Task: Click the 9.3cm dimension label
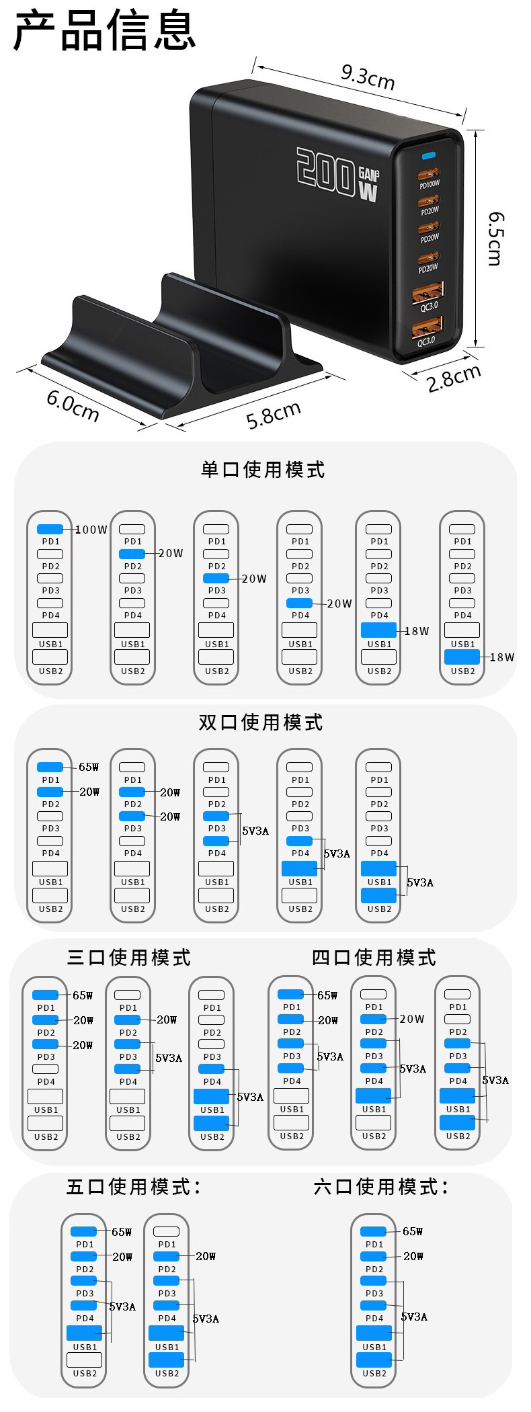[367, 76]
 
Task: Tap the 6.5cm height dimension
[495, 238]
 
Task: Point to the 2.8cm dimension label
[454, 378]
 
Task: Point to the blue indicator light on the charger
[428, 157]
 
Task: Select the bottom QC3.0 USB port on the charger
[427, 327]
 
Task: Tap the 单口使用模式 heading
[263, 469]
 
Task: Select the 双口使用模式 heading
[261, 722]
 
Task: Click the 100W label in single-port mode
[91, 529]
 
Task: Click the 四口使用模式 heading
[374, 956]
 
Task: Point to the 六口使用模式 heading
[381, 1186]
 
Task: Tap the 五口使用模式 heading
[133, 1186]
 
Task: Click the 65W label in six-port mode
[413, 1231]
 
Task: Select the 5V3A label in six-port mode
[414, 1316]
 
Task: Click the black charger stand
[175, 349]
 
